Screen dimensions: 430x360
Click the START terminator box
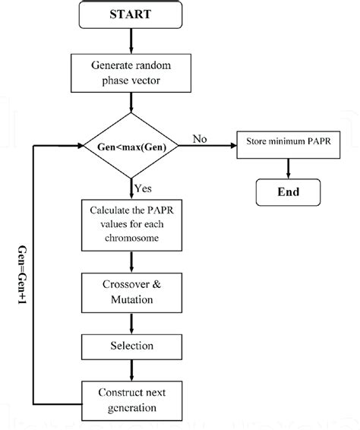[x=133, y=14]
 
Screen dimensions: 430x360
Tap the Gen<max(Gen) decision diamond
[x=133, y=145]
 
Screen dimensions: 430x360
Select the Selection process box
[x=133, y=345]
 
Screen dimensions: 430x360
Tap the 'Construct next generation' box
[x=133, y=400]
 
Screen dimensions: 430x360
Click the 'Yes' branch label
[x=143, y=187]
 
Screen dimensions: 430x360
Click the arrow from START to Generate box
[x=133, y=42]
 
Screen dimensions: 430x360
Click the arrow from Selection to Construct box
[x=133, y=372]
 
